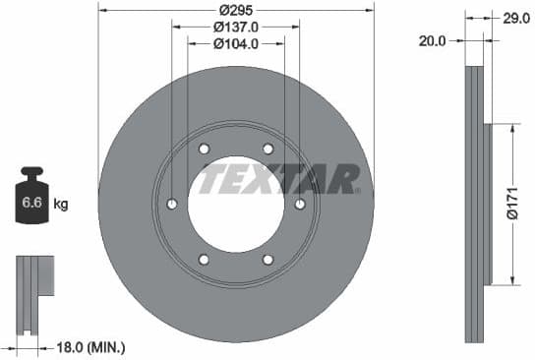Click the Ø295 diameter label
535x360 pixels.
tap(236, 10)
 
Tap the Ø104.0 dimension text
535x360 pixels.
tap(236, 43)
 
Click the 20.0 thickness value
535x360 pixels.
tap(433, 41)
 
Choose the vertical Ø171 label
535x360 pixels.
tap(510, 204)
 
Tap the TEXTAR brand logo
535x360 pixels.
tap(278, 180)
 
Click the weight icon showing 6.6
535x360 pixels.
tap(32, 204)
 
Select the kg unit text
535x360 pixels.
tap(61, 205)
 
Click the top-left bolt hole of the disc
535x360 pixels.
tap(204, 150)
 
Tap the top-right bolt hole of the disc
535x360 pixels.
tap(267, 150)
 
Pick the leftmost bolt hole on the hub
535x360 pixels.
tap(172, 205)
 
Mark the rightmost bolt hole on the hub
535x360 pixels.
tap(300, 205)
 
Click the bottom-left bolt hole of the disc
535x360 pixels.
tap(204, 260)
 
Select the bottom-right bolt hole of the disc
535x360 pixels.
tap(267, 260)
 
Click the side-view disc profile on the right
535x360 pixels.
tap(476, 204)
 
